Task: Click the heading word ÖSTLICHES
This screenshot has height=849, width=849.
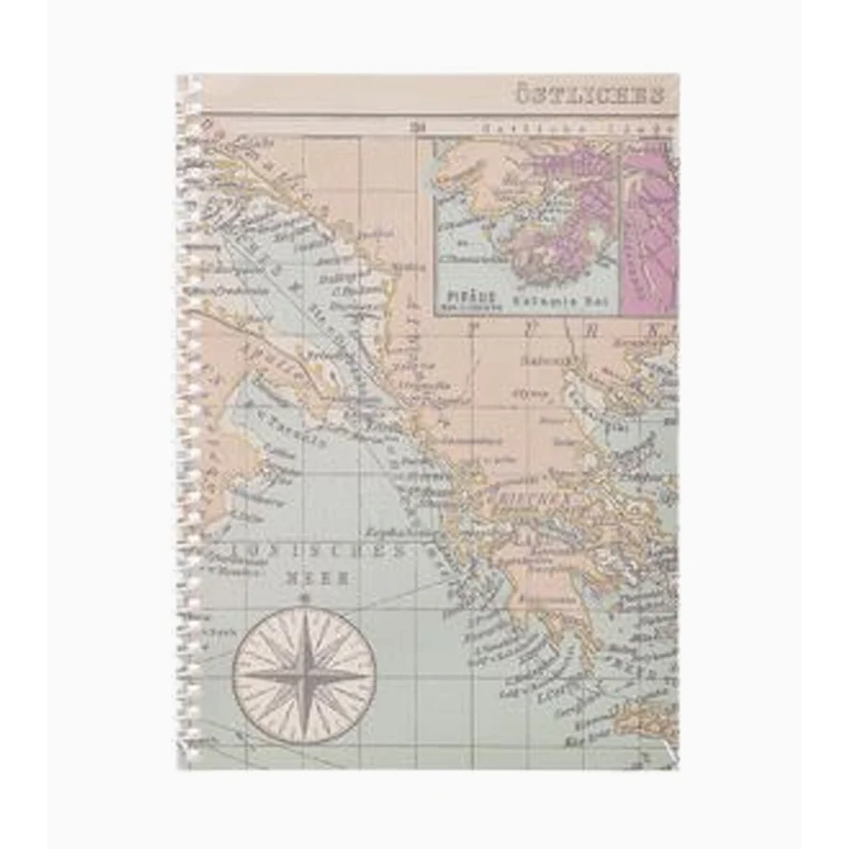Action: (x=589, y=96)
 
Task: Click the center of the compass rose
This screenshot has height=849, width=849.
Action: (x=305, y=676)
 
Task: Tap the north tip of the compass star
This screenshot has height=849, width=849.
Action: (x=305, y=611)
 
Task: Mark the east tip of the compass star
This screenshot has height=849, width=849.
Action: (x=370, y=676)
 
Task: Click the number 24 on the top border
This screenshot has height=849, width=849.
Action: (x=417, y=126)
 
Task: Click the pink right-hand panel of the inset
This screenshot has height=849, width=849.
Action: (x=650, y=228)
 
